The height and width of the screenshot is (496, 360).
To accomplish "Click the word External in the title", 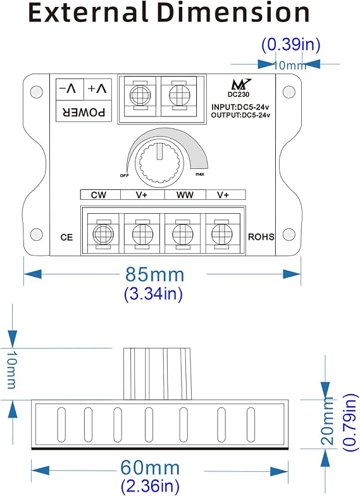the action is [88, 13].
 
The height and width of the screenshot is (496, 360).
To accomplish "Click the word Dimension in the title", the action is [233, 13].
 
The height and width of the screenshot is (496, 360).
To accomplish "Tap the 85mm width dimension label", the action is [154, 275].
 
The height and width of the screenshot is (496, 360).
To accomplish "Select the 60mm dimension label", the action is [150, 468].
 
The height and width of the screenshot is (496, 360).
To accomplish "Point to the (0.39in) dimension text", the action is [291, 44].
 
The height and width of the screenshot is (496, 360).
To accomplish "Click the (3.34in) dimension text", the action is [153, 294].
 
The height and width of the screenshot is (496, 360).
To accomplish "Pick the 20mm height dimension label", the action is [328, 421].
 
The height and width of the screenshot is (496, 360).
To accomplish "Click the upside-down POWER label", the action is [84, 112].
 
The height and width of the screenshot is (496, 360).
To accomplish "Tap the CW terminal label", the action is [99, 195].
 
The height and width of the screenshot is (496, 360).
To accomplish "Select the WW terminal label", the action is [185, 195].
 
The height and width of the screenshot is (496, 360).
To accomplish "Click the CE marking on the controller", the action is [66, 237].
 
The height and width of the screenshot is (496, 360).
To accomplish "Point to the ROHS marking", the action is [261, 237].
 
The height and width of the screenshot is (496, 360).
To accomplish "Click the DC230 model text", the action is [239, 94].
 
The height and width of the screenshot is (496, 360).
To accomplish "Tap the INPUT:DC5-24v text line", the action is [240, 107].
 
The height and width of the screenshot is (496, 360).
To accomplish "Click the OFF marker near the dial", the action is [124, 176].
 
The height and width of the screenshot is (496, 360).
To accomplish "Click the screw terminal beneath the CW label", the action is [103, 234].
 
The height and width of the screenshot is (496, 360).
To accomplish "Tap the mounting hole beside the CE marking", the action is [37, 234].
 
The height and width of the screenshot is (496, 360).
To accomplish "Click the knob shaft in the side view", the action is [158, 374].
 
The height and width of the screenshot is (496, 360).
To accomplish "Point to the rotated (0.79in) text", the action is [350, 423].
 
